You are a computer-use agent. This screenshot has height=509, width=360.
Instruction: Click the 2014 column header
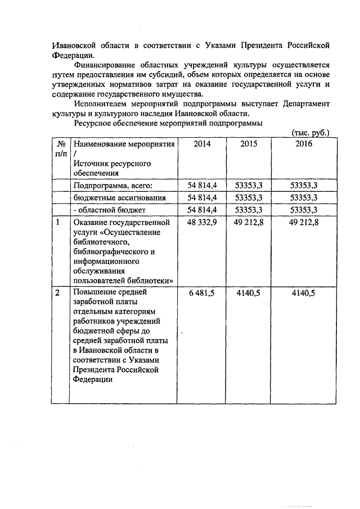(202, 144)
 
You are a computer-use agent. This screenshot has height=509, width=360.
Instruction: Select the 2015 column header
(249, 144)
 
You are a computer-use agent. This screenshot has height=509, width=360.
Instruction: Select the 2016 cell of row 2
(305, 293)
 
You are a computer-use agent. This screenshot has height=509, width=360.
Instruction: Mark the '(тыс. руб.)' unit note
(310, 133)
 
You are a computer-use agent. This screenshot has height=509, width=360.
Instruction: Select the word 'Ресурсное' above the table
(92, 123)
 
